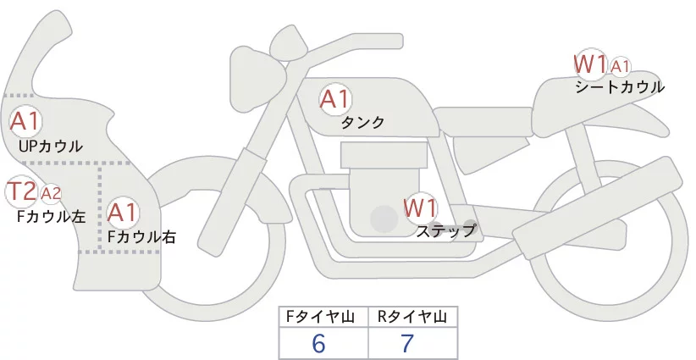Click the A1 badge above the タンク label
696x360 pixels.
(334, 99)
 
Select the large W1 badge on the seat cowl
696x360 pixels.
(590, 64)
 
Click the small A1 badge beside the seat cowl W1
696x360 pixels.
(620, 66)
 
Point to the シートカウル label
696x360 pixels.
(619, 86)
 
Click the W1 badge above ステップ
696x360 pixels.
(419, 208)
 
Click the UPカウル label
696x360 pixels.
(50, 147)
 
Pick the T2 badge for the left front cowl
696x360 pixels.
(21, 192)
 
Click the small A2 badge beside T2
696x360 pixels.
(51, 194)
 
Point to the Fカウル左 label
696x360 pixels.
(51, 216)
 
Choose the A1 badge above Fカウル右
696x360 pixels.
(122, 212)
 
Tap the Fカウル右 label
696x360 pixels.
(141, 237)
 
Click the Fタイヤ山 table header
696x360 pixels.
(324, 317)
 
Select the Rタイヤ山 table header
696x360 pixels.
(412, 317)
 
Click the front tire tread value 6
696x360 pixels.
(318, 343)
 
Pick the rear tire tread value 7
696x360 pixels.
(407, 343)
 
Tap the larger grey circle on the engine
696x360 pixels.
(384, 220)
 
